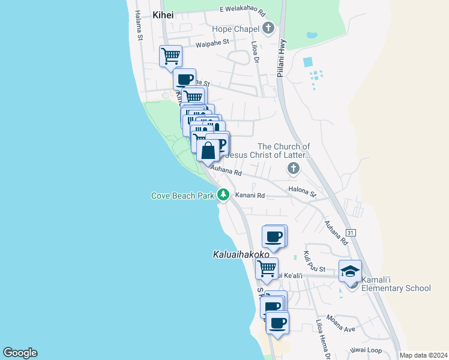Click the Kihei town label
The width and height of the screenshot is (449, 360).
tap(163, 15)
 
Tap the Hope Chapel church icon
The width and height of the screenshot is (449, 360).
tap(268, 28)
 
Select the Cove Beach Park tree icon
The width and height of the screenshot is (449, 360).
tap(223, 194)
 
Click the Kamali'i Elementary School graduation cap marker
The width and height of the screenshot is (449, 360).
tap(351, 272)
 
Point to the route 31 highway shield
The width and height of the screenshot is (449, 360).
tap(351, 232)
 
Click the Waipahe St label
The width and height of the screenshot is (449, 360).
tap(212, 43)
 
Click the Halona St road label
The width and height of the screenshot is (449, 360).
tap(302, 192)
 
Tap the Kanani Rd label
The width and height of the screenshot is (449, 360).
tap(250, 195)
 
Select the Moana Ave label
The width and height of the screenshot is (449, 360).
tap(341, 324)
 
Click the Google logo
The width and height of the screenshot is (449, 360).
tap(20, 353)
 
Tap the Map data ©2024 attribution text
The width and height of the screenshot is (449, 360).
tap(423, 355)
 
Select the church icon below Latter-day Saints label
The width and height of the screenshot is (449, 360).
tap(294, 168)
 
